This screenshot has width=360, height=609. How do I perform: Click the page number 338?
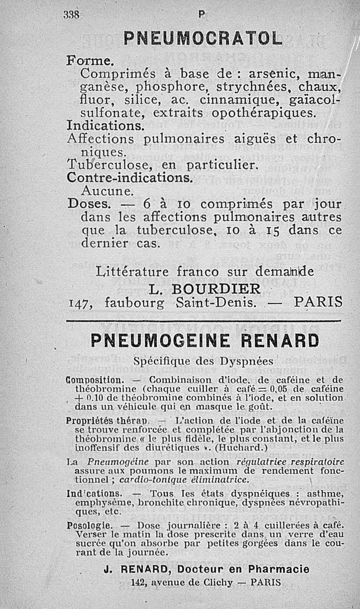tap(71, 15)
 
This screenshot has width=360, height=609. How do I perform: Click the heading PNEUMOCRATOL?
tap(202, 38)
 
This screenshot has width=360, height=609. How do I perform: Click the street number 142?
tap(136, 582)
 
